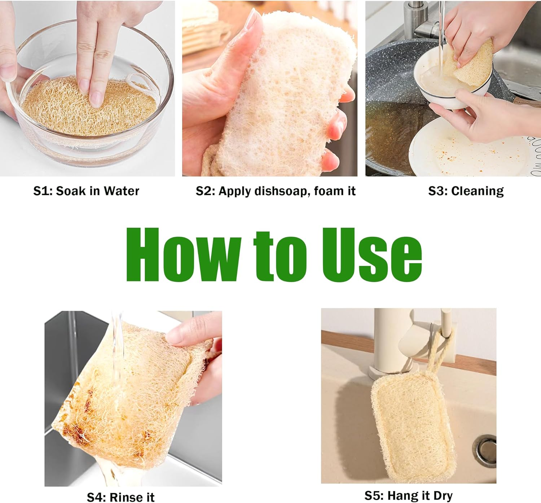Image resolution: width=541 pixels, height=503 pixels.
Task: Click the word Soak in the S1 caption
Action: coord(71,191)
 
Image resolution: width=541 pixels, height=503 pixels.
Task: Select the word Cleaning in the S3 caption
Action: coord(477,191)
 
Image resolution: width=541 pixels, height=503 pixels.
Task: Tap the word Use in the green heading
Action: coord(372,255)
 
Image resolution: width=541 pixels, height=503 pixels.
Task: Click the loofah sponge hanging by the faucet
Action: coord(411,426)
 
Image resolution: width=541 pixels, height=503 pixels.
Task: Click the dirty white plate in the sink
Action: coord(469,152)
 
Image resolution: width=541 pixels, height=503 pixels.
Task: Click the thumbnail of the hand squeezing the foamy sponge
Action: coord(269,89)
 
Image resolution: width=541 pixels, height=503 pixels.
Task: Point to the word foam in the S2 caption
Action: coord(329,191)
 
